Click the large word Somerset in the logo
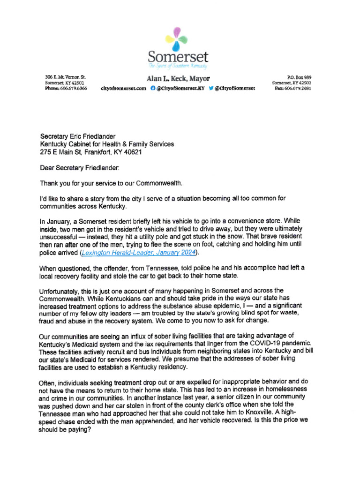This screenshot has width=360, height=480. click(178, 58)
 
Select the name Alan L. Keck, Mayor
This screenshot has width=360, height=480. click(178, 79)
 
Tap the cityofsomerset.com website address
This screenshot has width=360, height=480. click(123, 88)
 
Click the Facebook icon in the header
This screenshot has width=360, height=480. click(153, 88)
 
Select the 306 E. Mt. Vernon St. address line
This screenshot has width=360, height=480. click(65, 77)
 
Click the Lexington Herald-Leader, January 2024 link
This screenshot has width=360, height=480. click(139, 253)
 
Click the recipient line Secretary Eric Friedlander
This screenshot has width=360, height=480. click(77, 136)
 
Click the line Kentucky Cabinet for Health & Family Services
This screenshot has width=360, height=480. click(107, 144)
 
